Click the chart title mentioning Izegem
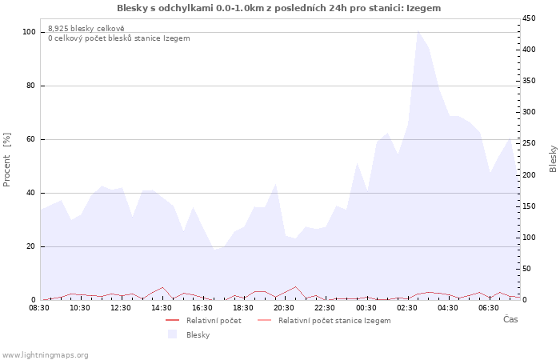pyautogui.click(x=278, y=8)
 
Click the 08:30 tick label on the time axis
pyautogui.click(x=40, y=307)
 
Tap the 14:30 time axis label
pyautogui.click(x=162, y=307)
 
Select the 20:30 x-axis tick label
pyautogui.click(x=284, y=307)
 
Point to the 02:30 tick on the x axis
pyautogui.click(x=406, y=307)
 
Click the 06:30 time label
pyautogui.click(x=488, y=307)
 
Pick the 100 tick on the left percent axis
pyautogui.click(x=29, y=32)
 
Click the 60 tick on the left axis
pyautogui.click(x=31, y=139)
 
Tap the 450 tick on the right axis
pyautogui.click(x=529, y=18)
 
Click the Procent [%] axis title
pyautogui.click(x=7, y=160)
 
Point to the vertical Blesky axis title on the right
pyautogui.click(x=553, y=158)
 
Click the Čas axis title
pyautogui.click(x=510, y=319)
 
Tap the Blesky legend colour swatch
pyautogui.click(x=172, y=334)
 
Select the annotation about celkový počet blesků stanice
pyautogui.click(x=118, y=38)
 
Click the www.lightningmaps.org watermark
pyautogui.click(x=45, y=354)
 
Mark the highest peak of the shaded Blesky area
pyautogui.click(x=418, y=31)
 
